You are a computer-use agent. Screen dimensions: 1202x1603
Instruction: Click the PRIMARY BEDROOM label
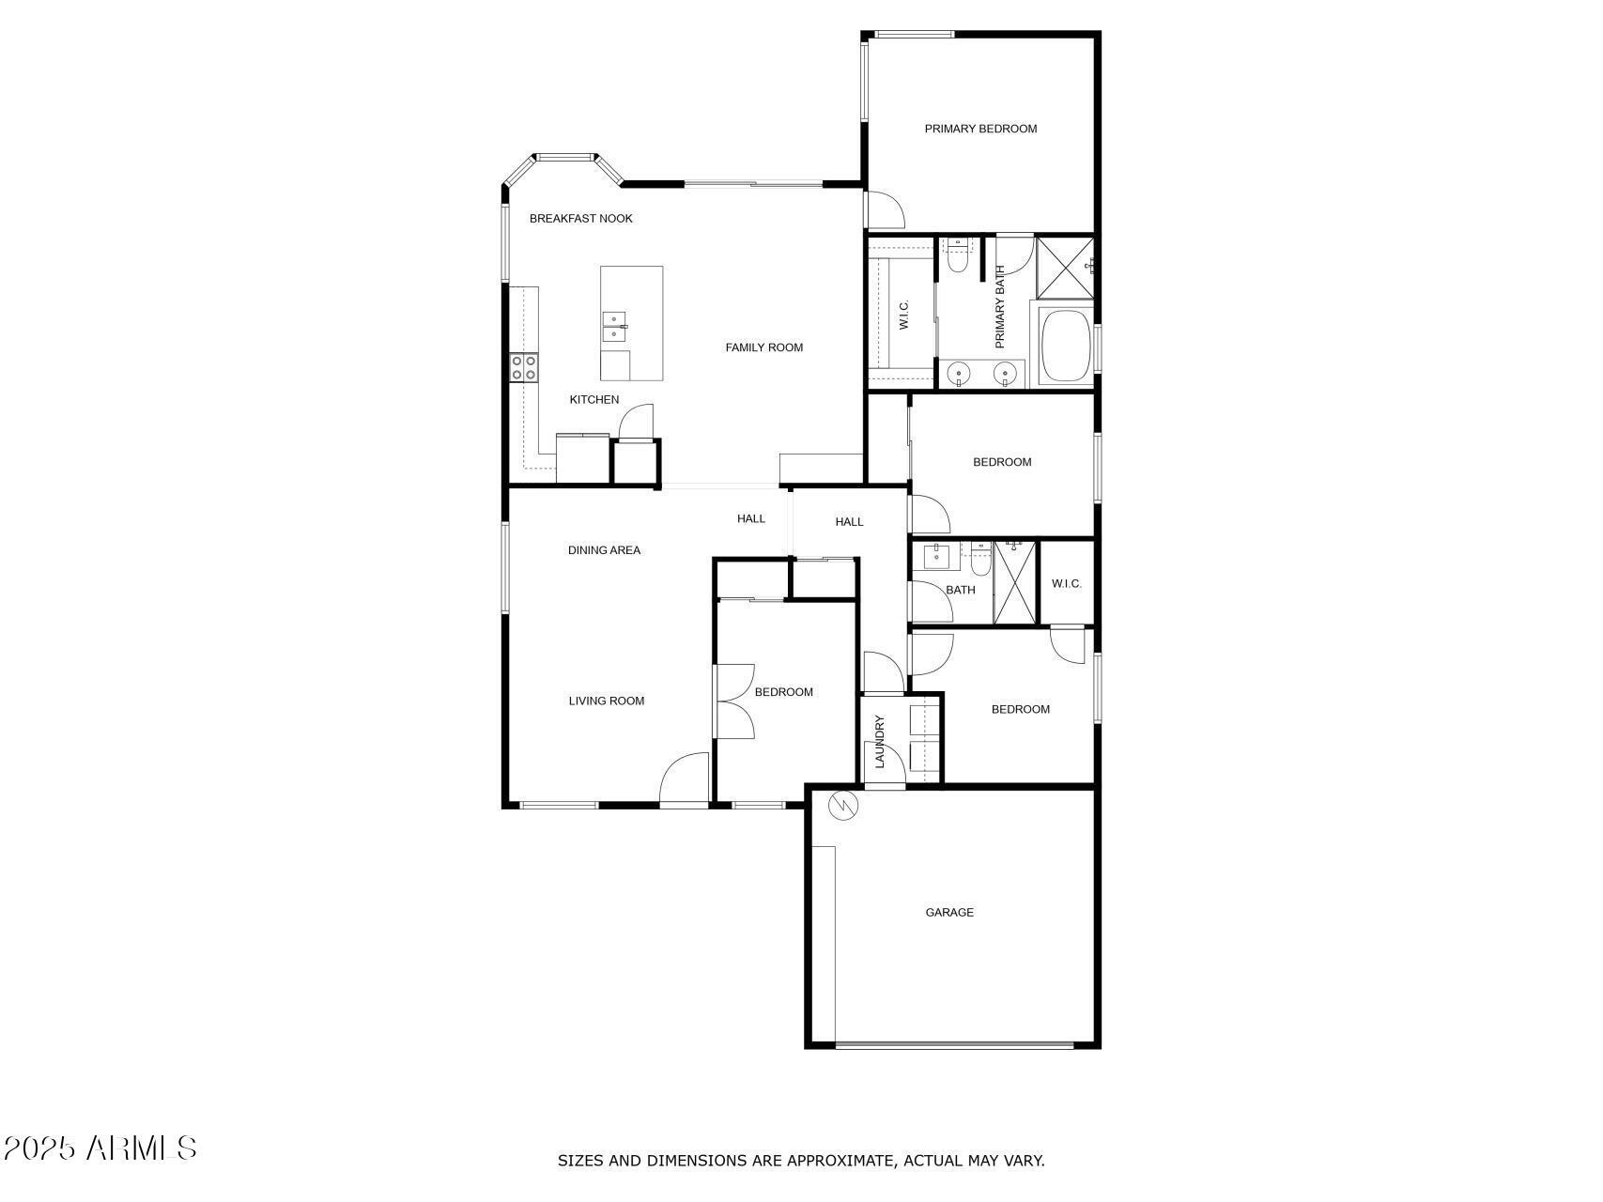coord(980,129)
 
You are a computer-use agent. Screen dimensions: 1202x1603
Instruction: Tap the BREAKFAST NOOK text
coord(580,219)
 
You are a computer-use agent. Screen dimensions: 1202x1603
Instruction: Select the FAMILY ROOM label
coord(763,347)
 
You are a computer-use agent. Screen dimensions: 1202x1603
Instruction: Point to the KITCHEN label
coord(593,400)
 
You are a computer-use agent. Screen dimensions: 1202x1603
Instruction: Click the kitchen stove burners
coord(524,367)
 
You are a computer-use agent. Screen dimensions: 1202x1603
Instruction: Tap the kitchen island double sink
coord(614,327)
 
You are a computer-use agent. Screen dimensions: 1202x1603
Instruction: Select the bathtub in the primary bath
coord(1065,345)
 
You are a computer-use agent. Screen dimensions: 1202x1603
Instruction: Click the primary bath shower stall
coord(1065,267)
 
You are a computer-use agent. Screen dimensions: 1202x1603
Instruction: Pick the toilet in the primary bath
coord(957,256)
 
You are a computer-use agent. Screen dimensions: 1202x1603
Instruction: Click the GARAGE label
coord(949,913)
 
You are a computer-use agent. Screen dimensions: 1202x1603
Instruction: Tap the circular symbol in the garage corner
coord(841,806)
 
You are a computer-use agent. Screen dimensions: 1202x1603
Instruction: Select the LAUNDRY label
coord(880,742)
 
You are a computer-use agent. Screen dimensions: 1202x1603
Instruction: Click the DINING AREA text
coord(604,550)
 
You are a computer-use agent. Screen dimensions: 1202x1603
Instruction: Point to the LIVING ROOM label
coord(606,701)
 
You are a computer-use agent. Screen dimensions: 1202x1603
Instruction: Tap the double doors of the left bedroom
coord(734,701)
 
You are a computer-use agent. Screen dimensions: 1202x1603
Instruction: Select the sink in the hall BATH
coord(936,557)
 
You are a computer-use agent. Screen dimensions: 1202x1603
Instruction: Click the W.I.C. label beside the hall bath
coord(1066,584)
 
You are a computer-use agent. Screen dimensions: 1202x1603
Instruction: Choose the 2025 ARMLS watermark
coord(100,1148)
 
